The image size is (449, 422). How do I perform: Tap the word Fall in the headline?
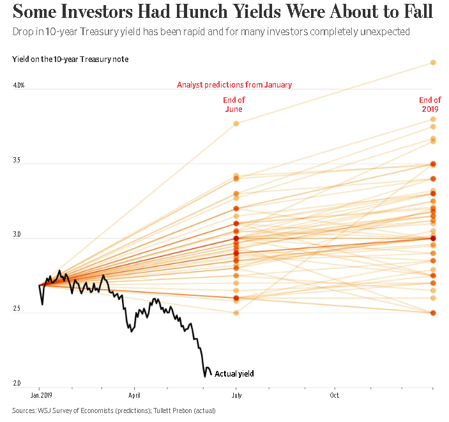coord(415,12)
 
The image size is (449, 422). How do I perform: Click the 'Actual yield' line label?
coord(234,373)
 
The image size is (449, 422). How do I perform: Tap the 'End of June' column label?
coord(234,104)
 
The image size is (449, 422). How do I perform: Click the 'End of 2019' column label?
coord(430,104)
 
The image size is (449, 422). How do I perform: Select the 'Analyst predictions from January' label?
coord(234,84)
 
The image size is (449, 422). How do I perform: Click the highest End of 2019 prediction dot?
coord(433,63)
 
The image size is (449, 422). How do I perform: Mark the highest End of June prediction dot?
coord(236,123)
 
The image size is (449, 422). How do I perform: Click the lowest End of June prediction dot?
coord(236,313)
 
